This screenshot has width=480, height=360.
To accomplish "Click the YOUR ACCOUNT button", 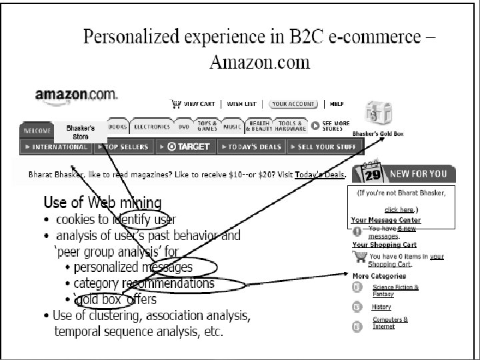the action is tap(293, 104).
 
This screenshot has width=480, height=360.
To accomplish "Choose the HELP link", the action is tap(337, 104).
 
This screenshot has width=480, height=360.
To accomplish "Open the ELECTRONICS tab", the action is tap(151, 126).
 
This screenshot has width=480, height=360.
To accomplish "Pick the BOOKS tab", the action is tap(117, 126).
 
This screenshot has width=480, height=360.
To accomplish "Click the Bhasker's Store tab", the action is tap(80, 131).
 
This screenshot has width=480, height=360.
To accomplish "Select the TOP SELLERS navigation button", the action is tap(123, 147).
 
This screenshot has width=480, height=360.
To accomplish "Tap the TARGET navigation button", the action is tap(186, 147).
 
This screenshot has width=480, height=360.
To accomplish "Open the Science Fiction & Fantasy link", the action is tap(396, 291).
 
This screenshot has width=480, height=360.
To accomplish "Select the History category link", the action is tap(381, 307).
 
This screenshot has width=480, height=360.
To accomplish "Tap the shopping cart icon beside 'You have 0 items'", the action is tap(360, 257).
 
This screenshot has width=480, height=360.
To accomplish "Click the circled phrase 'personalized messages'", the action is tap(133, 267).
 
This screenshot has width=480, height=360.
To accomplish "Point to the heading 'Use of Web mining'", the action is tap(102, 203).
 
